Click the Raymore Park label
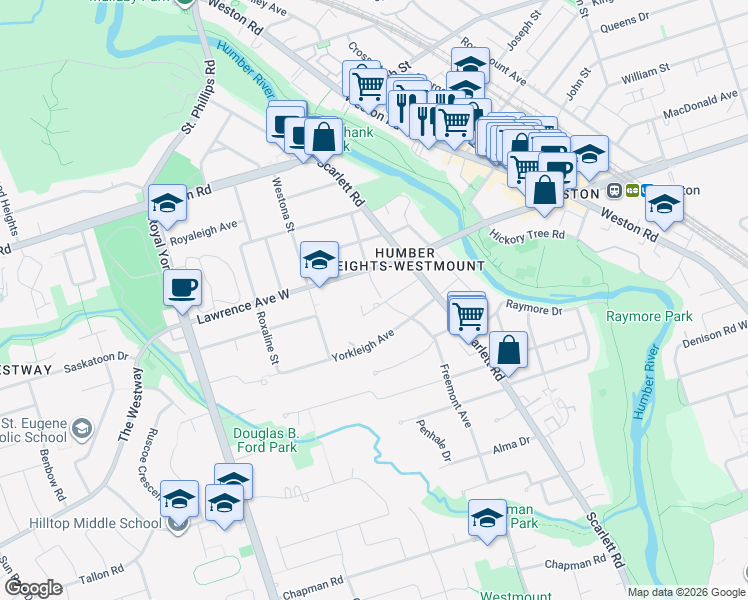pyautogui.click(x=650, y=316)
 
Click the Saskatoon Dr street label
pyautogui.click(x=98, y=356)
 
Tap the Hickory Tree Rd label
pyautogui.click(x=527, y=235)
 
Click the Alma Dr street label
pyautogui.click(x=510, y=441)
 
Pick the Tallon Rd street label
pyautogui.click(x=99, y=578)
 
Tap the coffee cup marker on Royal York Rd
pyautogui.click(x=183, y=288)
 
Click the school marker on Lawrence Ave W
pyautogui.click(x=319, y=262)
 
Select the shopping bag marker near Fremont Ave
pyautogui.click(x=508, y=351)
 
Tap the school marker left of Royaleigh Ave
pyautogui.click(x=167, y=204)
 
